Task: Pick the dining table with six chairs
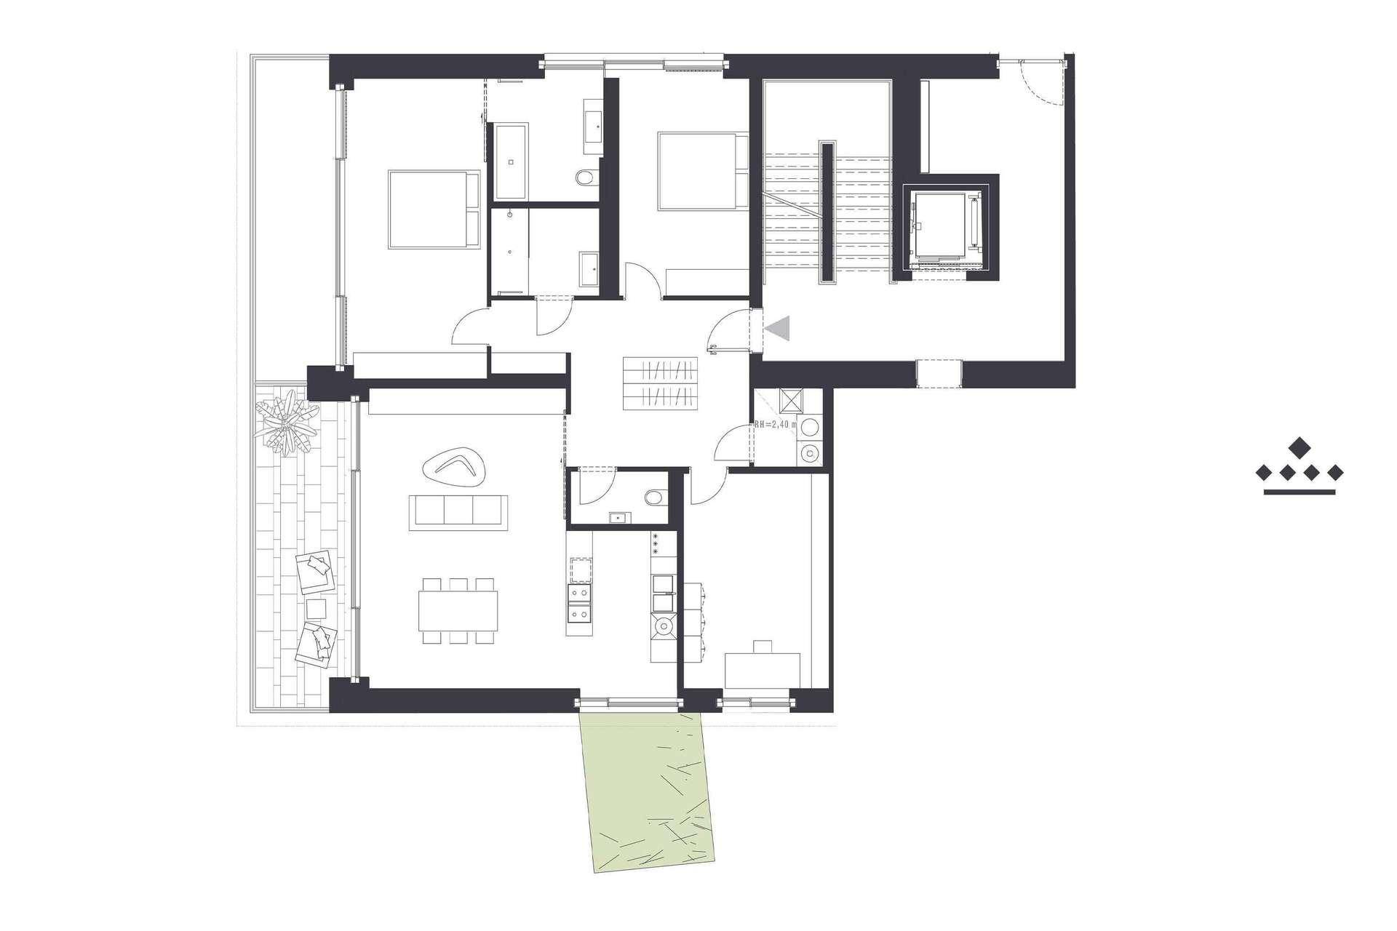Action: pyautogui.click(x=458, y=611)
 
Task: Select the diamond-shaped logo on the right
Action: pyautogui.click(x=1300, y=469)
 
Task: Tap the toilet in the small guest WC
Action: pyautogui.click(x=656, y=498)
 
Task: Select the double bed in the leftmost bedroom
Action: pyautogui.click(x=434, y=210)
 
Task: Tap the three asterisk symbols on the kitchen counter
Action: pyautogui.click(x=655, y=543)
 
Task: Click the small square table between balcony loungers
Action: pyautogui.click(x=316, y=607)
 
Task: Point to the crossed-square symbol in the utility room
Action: pyautogui.click(x=789, y=401)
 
